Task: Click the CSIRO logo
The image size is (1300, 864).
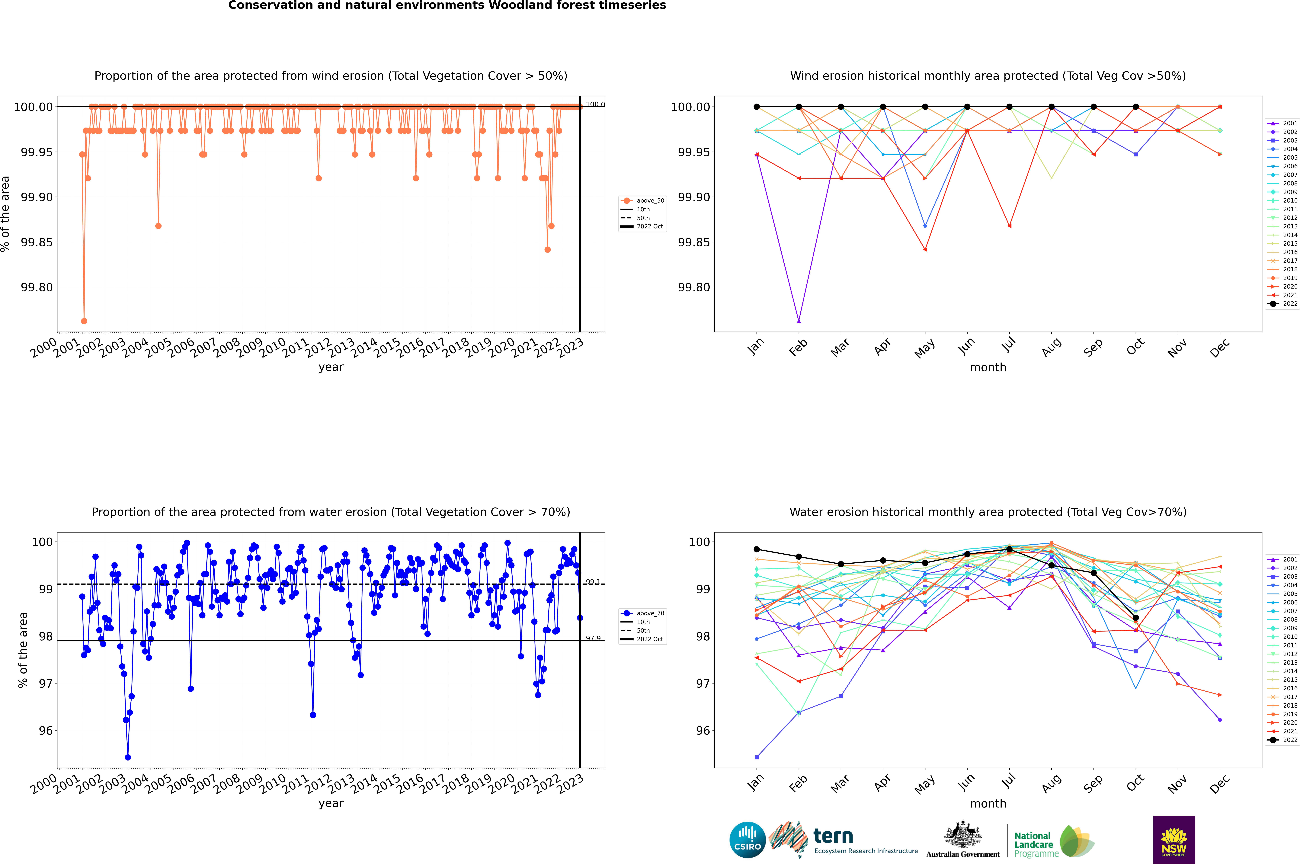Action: (x=747, y=840)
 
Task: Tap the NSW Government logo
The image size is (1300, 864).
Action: (x=1174, y=840)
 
